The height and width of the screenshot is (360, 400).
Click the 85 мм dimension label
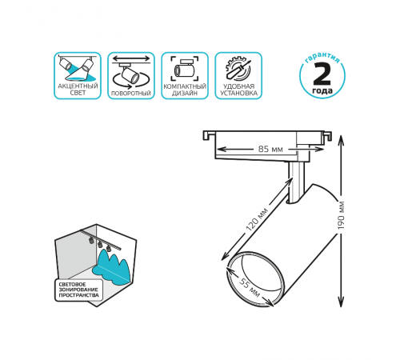point(270,149)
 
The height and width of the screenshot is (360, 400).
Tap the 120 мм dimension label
point(257,220)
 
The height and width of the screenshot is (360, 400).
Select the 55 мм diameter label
point(249,287)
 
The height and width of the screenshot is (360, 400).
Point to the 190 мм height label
point(341,215)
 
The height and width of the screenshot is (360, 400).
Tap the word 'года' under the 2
point(322,90)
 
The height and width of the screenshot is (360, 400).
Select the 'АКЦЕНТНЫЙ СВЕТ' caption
point(78,90)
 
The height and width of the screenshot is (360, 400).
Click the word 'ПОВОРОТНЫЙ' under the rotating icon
point(131,94)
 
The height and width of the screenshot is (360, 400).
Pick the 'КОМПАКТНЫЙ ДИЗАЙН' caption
point(185,90)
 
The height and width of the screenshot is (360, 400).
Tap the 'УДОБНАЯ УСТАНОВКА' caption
point(238,90)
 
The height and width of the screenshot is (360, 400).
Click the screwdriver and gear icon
point(238,69)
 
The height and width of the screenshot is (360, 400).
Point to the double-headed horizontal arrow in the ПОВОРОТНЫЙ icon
point(131,58)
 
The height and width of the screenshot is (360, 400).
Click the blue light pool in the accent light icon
point(80,78)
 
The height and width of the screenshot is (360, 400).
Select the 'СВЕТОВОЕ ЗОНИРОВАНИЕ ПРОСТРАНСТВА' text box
point(78,290)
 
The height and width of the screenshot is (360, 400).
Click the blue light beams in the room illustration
point(111,267)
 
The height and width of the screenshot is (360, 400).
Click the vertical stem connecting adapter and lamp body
point(296,182)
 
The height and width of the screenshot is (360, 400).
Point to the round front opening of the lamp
point(254,278)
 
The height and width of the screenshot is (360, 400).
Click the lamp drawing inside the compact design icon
point(185,69)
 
